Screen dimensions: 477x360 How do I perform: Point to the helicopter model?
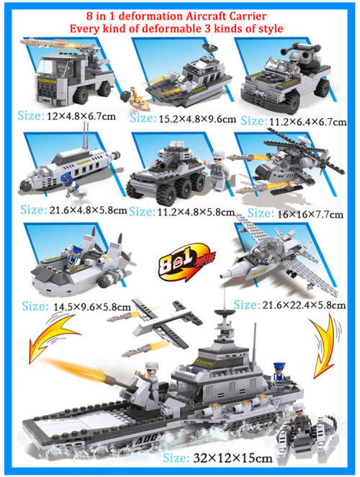[x=292, y=173]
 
